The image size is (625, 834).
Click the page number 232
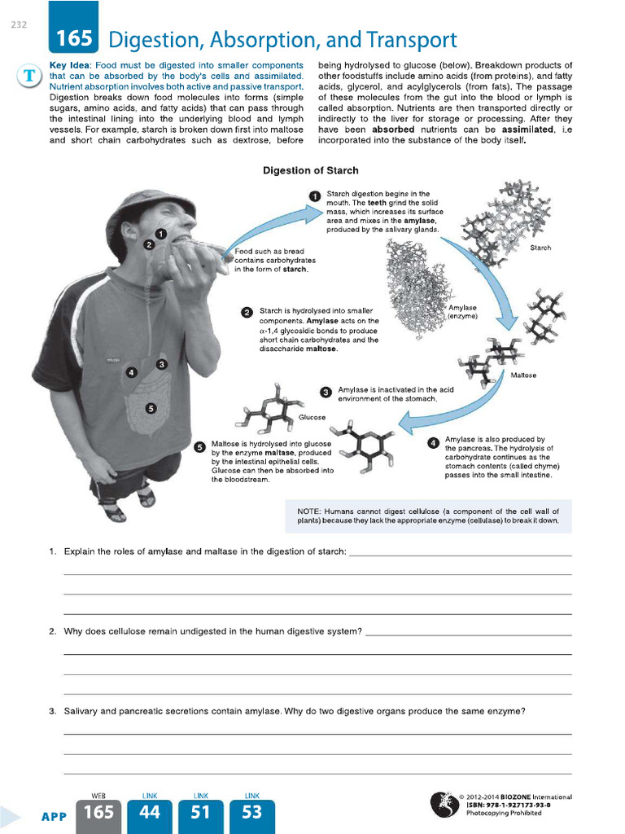[20, 24]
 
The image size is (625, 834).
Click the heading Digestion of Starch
[310, 170]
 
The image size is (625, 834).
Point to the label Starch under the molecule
[540, 248]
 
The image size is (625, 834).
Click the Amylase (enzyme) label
[463, 312]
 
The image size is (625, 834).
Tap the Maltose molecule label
[522, 375]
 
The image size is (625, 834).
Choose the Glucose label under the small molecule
[312, 417]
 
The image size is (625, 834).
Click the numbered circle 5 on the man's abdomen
[151, 408]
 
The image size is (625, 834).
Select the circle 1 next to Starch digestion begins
[315, 195]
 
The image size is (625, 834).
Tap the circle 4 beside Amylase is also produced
[433, 443]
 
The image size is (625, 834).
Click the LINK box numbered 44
[150, 812]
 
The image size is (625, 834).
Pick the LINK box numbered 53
[252, 812]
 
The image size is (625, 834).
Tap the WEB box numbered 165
[98, 812]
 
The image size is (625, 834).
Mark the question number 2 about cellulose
[51, 631]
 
